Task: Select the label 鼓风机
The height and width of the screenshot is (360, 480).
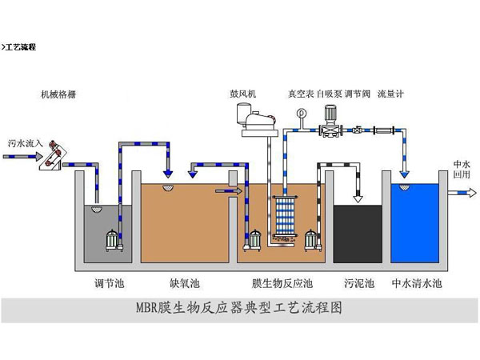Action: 244,94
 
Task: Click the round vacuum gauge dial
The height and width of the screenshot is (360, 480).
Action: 302,113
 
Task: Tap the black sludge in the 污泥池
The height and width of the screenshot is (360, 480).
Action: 355,232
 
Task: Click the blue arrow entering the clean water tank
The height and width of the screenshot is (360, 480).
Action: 404,171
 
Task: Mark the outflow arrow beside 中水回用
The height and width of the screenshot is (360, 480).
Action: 460,193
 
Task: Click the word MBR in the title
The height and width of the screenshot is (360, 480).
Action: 156,308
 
